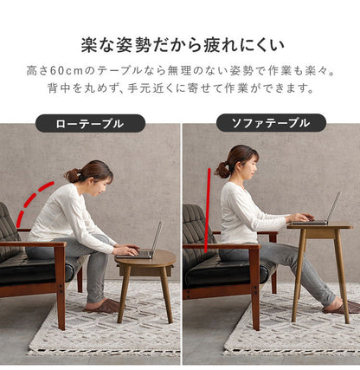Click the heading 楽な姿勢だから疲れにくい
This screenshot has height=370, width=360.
(x=180, y=43)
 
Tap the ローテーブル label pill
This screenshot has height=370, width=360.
(x=90, y=123)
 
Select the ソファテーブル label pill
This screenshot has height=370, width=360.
(x=271, y=123)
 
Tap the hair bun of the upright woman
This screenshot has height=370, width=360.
(x=222, y=167)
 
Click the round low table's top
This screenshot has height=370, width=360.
(x=145, y=259)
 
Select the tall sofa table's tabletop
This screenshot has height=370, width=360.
(x=319, y=225)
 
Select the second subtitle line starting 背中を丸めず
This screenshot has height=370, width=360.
(x=180, y=88)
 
